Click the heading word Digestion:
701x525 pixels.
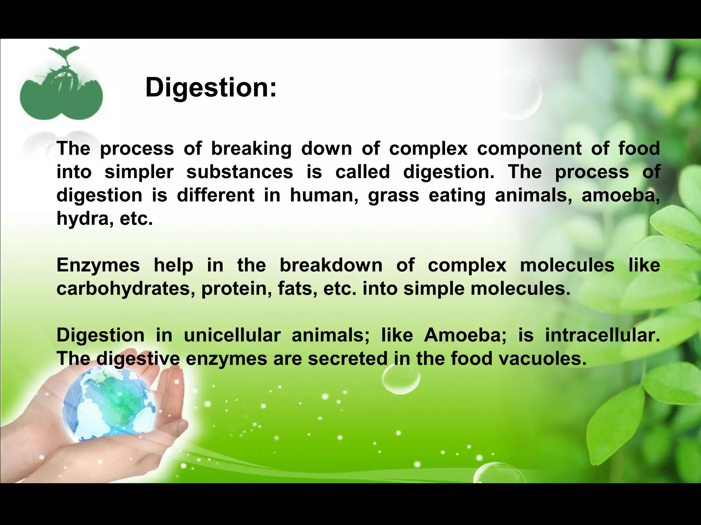click(x=211, y=88)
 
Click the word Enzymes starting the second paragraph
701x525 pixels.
click(x=98, y=266)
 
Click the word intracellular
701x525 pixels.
click(x=602, y=335)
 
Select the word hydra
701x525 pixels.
click(x=82, y=219)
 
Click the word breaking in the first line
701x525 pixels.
click(x=251, y=149)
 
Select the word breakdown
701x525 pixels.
click(x=331, y=266)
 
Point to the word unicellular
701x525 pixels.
click(x=232, y=335)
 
